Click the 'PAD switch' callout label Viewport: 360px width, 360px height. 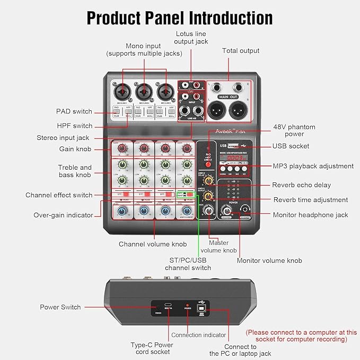[x=74, y=111]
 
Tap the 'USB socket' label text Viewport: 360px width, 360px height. [x=291, y=146]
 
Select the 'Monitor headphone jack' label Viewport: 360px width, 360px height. [x=311, y=215]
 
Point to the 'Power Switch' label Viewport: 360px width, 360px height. [x=60, y=307]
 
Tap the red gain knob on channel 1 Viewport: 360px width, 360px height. [x=122, y=148]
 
